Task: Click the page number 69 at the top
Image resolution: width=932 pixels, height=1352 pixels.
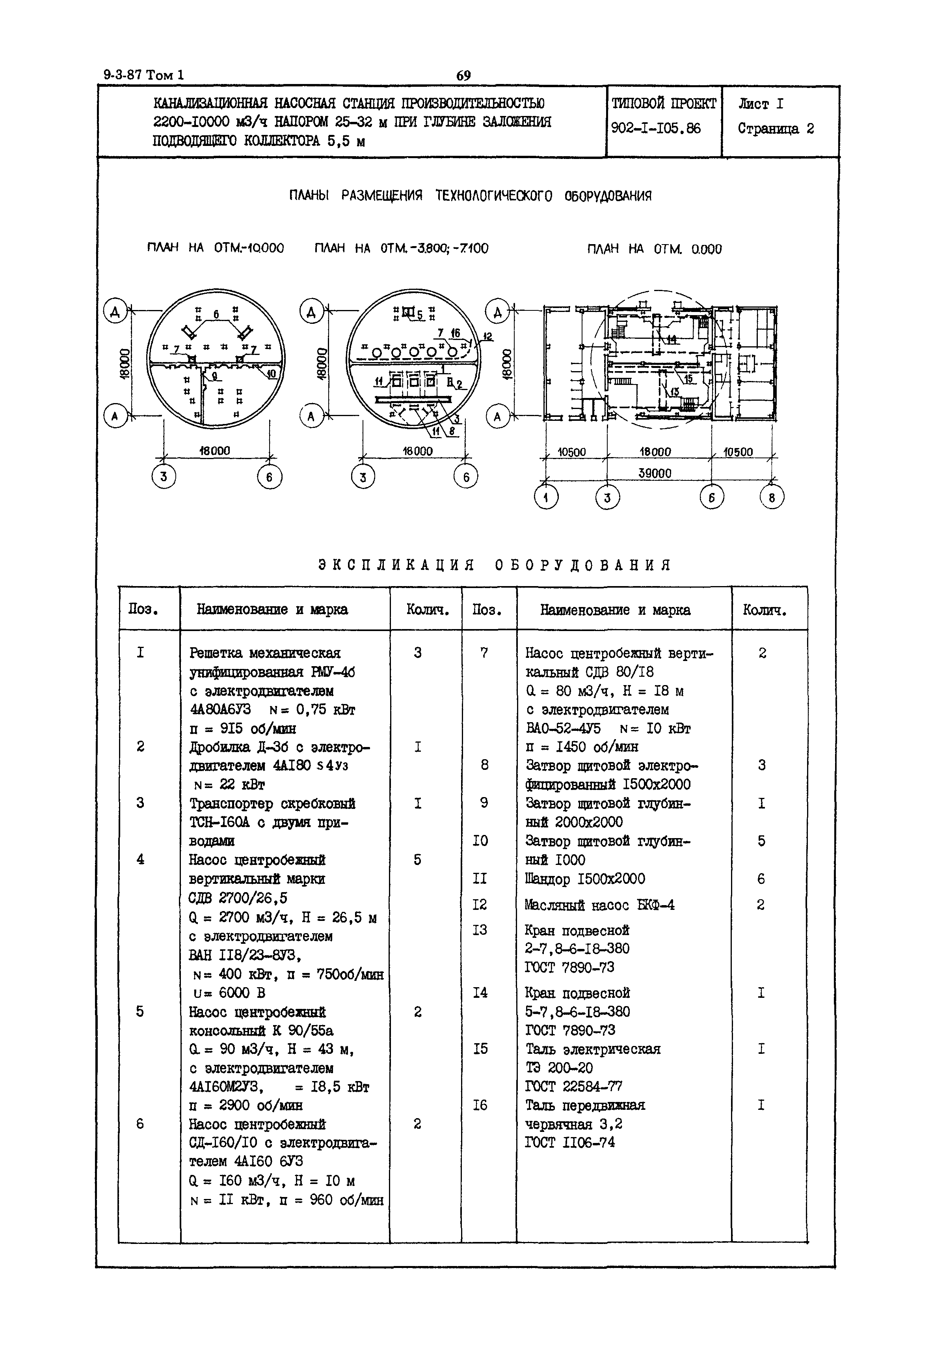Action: pos(463,75)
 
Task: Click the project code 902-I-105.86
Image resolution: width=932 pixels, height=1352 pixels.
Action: pos(655,128)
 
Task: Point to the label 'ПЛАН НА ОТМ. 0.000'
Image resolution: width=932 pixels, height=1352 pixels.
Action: pos(654,249)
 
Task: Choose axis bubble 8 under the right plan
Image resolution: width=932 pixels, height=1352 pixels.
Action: pos(771,497)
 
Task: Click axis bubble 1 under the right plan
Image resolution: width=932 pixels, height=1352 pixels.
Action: pos(546,497)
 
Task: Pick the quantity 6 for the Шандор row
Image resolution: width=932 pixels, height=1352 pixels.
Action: pos(761,879)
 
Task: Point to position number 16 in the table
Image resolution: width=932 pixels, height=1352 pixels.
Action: pos(480,1105)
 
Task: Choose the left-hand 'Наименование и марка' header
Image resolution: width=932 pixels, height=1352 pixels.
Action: pos(272,609)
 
